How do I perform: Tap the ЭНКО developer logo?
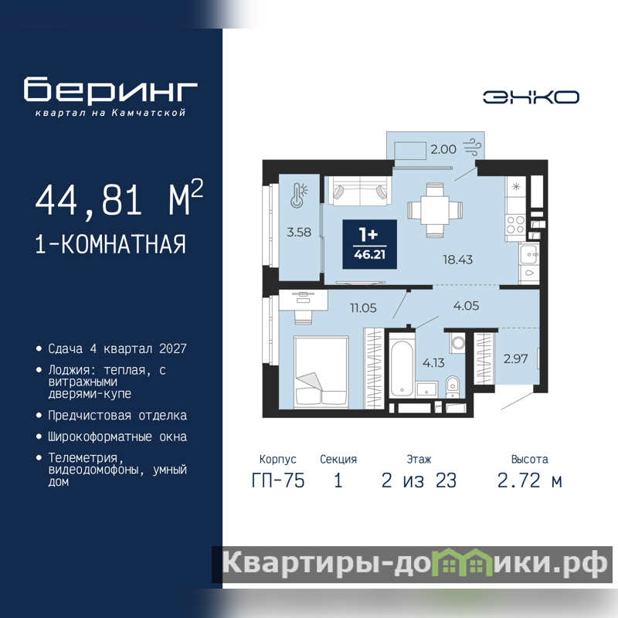[531, 97]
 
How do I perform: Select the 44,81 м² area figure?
[119, 199]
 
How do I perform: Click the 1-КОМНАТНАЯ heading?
[110, 244]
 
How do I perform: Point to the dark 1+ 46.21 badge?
[369, 244]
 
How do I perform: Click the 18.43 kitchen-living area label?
[457, 260]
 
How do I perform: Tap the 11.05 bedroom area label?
[363, 307]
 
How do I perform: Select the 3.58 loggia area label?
[299, 233]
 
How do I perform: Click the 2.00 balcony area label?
[443, 149]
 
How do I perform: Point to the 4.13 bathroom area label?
[433, 362]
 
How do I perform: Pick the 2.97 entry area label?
[515, 358]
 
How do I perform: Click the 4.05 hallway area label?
[467, 306]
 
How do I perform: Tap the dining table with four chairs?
[435, 210]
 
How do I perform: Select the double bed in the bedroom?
[321, 371]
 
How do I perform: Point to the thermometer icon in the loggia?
[299, 195]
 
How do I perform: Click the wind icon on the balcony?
[472, 147]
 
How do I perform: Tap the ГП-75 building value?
[278, 480]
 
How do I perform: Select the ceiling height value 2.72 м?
[529, 480]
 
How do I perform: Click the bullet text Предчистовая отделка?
[117, 416]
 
